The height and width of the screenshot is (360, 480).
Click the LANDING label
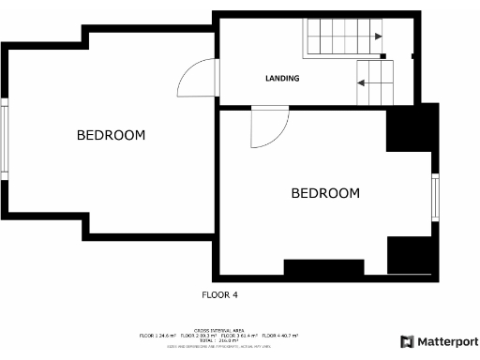click(282, 79)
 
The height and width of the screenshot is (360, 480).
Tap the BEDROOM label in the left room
click(111, 136)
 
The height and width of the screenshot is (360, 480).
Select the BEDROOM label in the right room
click(325, 194)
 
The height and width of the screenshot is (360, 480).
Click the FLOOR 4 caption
click(220, 294)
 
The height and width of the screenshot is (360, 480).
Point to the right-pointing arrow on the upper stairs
click(377, 37)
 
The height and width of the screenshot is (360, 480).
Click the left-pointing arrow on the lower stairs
click(361, 82)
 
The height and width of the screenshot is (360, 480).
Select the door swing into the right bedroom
click(267, 128)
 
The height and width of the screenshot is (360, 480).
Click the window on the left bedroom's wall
click(5, 142)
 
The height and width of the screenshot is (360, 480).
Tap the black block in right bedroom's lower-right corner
click(410, 255)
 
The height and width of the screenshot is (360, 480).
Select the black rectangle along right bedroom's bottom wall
click(322, 268)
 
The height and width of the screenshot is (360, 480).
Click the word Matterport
click(449, 341)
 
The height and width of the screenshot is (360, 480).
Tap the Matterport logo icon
click(408, 341)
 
